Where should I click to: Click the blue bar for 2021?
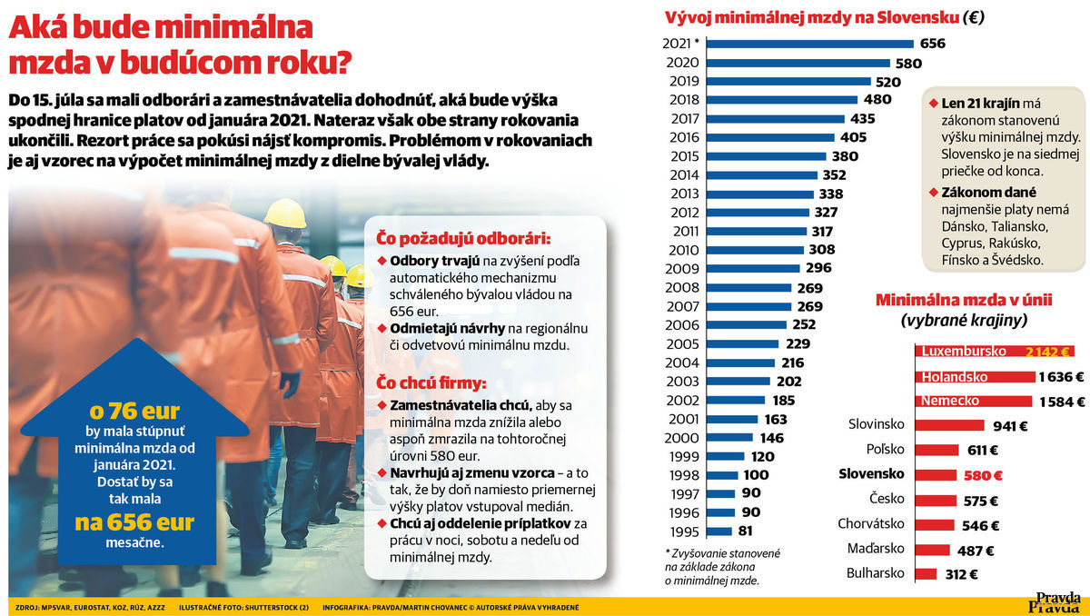point(810,44)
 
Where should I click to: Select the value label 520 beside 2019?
point(888,82)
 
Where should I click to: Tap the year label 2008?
point(682,288)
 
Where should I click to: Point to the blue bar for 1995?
point(719,532)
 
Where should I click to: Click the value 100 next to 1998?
point(756,475)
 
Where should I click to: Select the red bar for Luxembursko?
point(995,352)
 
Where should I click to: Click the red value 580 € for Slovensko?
point(983,475)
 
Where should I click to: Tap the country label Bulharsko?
point(876,573)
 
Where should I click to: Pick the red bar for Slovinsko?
point(950,425)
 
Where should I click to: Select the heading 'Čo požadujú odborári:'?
point(463,238)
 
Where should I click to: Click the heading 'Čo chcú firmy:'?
point(431,383)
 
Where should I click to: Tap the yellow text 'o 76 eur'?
point(134,412)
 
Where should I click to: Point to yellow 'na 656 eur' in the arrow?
point(134,522)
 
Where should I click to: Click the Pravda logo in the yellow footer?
point(1055,602)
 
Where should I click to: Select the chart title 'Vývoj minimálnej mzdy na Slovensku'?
point(810,17)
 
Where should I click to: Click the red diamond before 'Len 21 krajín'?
point(934,104)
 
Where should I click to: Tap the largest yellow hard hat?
point(285,214)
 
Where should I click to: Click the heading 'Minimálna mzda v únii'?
point(964,300)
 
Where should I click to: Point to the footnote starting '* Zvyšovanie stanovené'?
point(722,567)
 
